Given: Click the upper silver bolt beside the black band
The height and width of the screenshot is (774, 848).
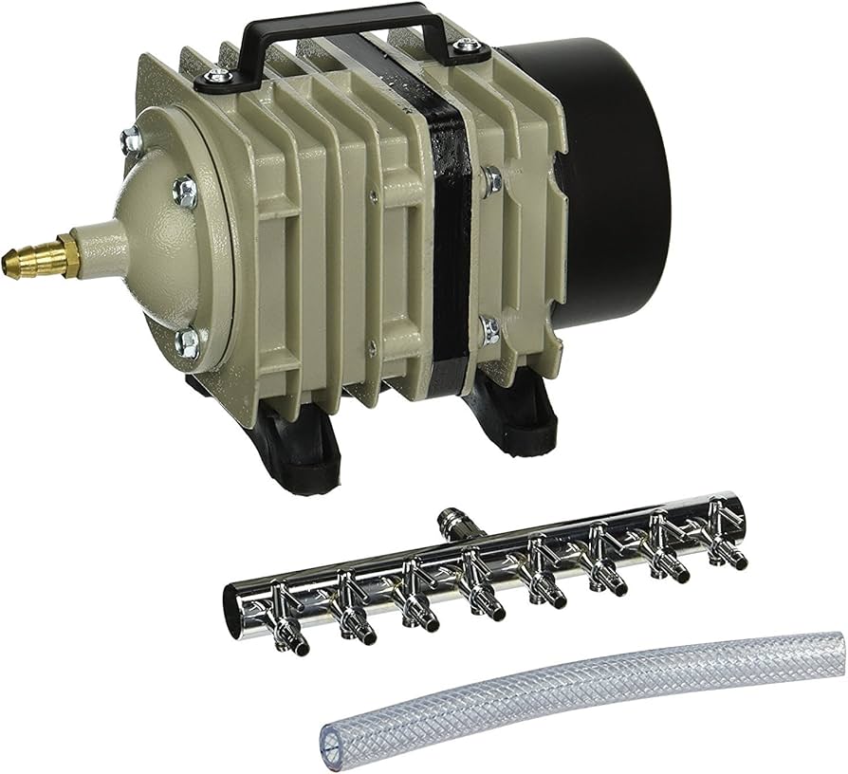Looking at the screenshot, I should [490, 178].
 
